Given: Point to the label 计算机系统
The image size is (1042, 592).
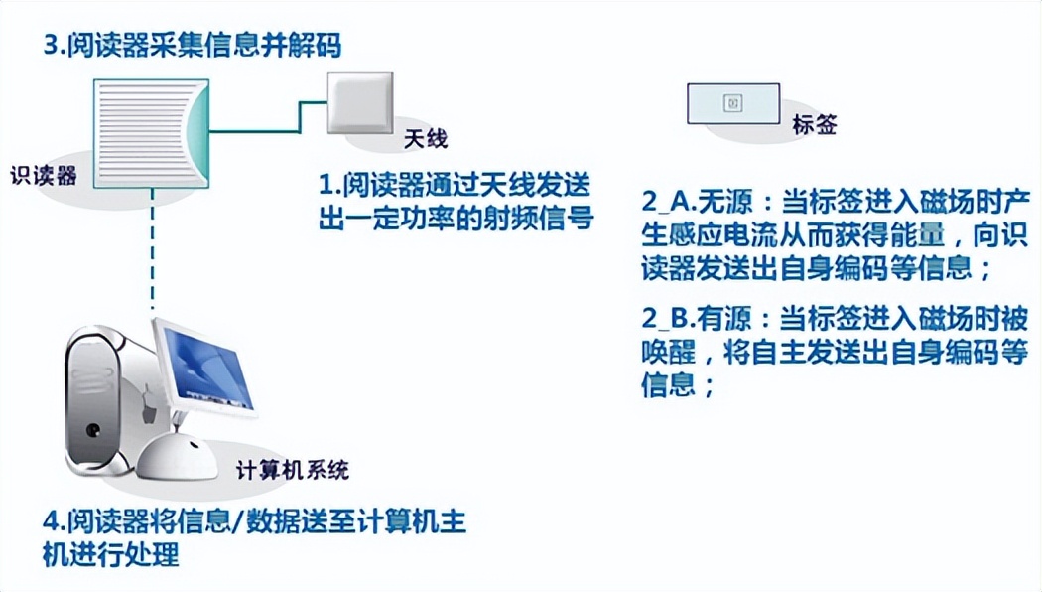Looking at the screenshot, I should point(293,470).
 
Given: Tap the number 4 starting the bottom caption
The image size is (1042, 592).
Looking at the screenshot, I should point(49,522).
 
